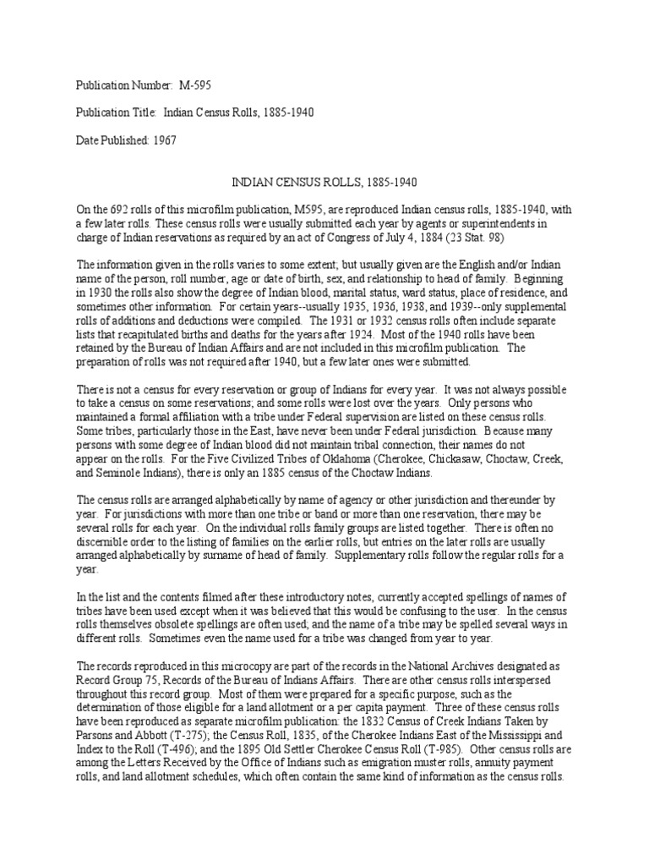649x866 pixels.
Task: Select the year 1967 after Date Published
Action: point(166,141)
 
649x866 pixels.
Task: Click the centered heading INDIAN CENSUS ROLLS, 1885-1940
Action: point(324,182)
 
